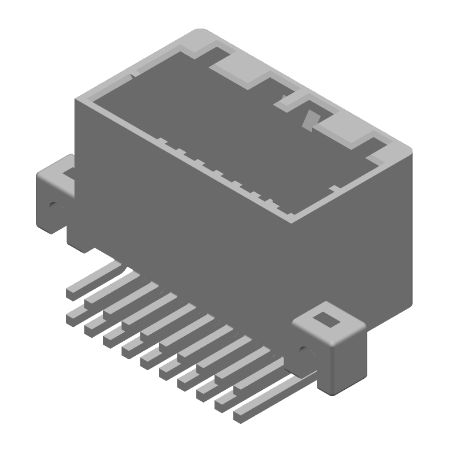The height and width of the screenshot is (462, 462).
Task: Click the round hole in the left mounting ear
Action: (54, 205)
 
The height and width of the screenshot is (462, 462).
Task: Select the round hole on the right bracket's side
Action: (305, 351)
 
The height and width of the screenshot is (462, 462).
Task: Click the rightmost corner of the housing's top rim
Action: (408, 151)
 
